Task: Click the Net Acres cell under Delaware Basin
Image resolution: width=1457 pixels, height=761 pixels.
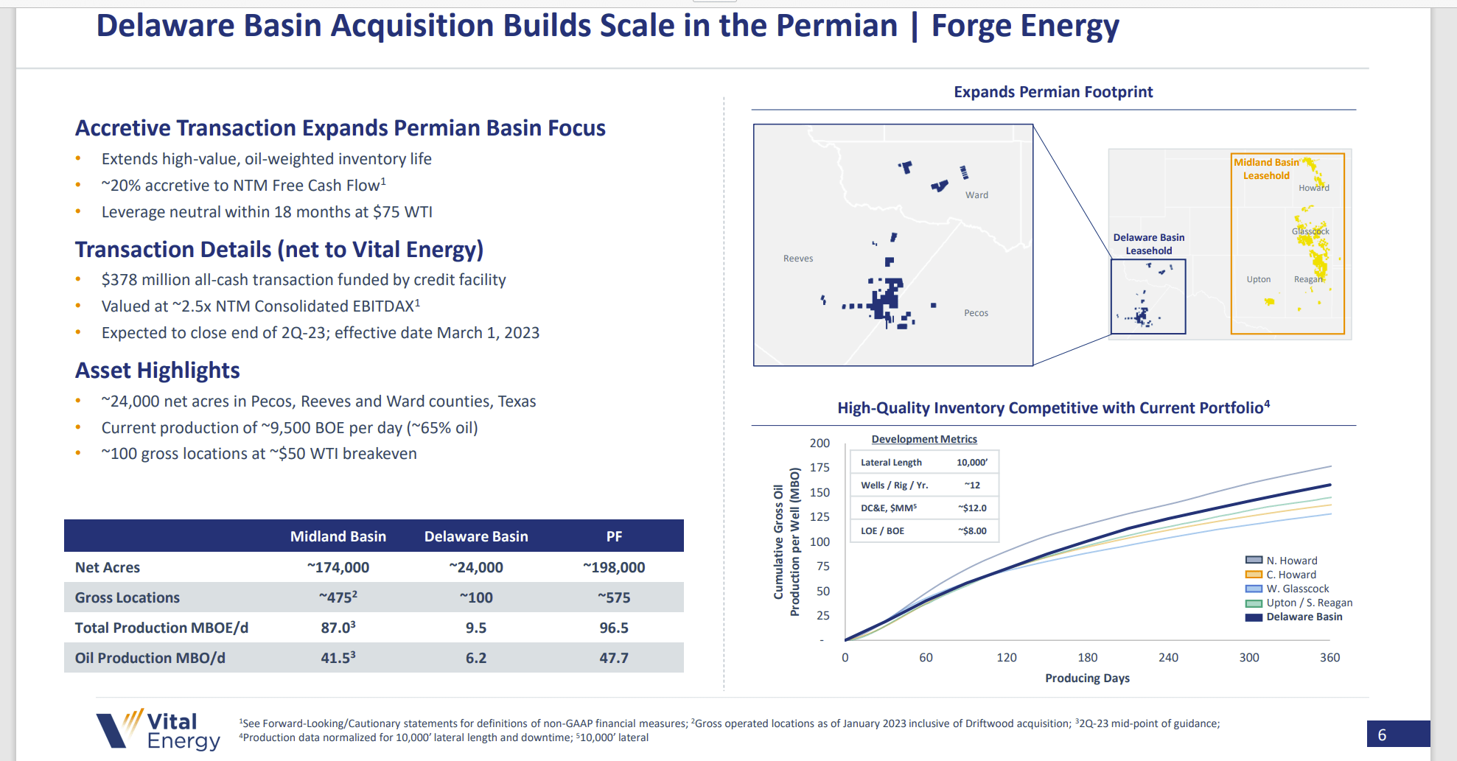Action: click(475, 567)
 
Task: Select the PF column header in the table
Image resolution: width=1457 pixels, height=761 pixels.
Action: click(614, 536)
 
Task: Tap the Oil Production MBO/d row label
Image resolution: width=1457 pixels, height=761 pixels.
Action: click(150, 658)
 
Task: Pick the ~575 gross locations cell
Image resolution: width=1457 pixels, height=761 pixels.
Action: click(614, 597)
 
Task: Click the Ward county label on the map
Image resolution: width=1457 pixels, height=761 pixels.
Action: click(976, 195)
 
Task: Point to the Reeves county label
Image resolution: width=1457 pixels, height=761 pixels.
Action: click(798, 259)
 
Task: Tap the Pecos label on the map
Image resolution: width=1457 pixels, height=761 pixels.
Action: click(976, 313)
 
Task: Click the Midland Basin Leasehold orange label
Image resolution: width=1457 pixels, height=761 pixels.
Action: click(1266, 169)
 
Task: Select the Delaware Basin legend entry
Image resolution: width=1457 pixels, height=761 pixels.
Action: click(1303, 617)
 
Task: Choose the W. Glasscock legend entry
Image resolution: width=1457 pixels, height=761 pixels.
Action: click(1297, 589)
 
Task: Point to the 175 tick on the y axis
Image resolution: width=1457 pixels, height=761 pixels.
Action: click(820, 468)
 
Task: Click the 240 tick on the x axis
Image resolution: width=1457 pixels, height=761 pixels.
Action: click(1168, 658)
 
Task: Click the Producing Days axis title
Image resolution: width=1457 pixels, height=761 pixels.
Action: click(1087, 678)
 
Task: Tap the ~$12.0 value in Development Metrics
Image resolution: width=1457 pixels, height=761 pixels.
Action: click(972, 508)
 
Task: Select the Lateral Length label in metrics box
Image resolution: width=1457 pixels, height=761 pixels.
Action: click(891, 463)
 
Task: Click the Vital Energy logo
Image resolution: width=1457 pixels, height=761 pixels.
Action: click(158, 729)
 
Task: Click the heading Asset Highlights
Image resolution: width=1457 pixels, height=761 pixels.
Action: click(158, 371)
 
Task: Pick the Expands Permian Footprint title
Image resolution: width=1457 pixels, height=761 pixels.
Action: click(1053, 92)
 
